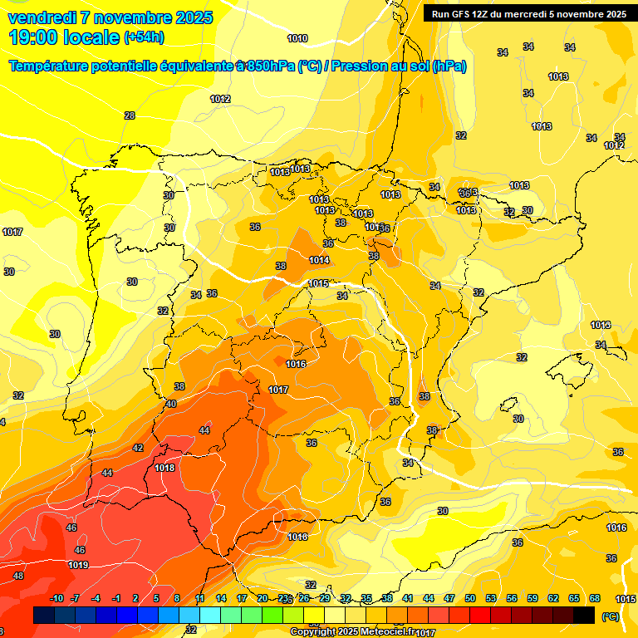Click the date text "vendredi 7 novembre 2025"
110,17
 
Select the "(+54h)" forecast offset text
143,37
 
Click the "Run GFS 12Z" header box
525,13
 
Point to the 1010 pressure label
297,38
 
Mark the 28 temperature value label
129,115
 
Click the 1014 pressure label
319,260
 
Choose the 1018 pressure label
164,468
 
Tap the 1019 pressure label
79,565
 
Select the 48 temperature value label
18,576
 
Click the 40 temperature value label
171,404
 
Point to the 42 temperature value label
138,448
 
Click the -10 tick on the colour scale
56,598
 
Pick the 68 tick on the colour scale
595,598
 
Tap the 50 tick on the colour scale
470,598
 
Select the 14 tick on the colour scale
221,598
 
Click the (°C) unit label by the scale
610,616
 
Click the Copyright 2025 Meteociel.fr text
352,632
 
